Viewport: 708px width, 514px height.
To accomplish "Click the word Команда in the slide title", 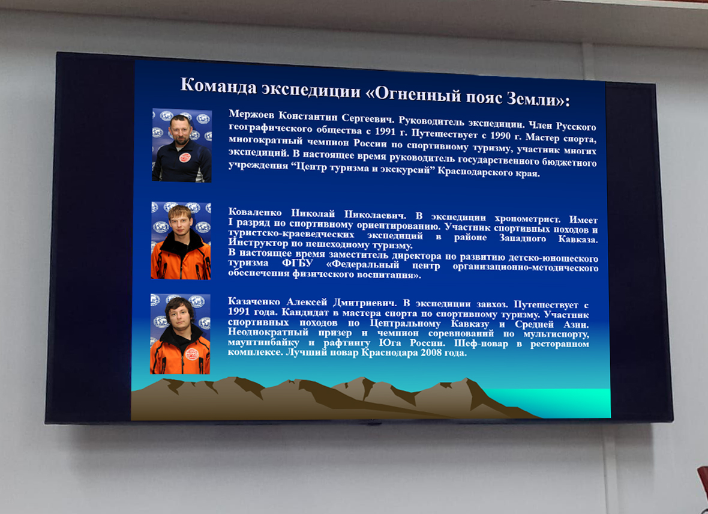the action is (x=219, y=85).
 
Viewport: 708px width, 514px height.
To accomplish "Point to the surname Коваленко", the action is (x=254, y=212).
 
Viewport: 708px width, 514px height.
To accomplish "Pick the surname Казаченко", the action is (x=254, y=301).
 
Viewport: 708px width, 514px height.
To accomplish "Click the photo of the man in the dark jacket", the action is (x=182, y=145).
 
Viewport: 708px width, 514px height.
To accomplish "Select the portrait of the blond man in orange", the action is (x=181, y=241).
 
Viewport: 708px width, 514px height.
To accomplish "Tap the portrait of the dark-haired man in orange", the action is (x=180, y=334).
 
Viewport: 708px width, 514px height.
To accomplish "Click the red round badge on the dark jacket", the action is (x=185, y=157).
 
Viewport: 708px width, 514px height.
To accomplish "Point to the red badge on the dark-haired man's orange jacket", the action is (x=192, y=354).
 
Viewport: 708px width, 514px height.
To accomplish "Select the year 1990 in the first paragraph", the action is (x=500, y=136).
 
